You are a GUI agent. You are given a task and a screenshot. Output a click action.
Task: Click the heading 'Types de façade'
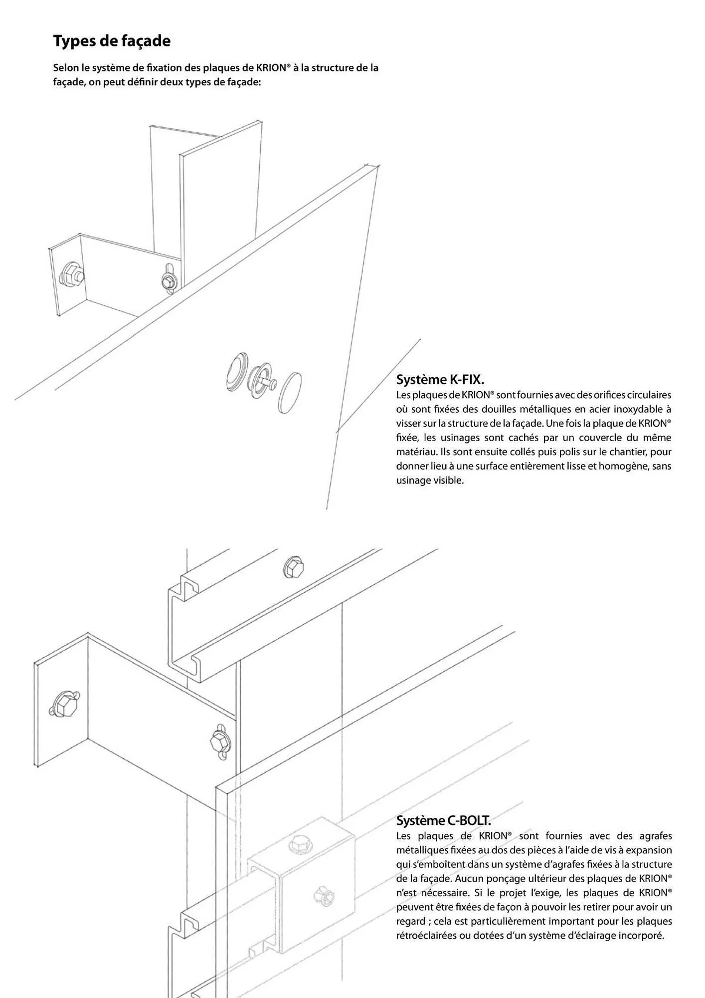(x=112, y=41)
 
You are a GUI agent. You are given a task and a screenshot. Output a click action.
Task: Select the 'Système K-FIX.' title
(x=440, y=380)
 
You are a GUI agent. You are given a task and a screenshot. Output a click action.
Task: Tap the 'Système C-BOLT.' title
(x=443, y=820)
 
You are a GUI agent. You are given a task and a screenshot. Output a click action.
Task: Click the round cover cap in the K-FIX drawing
(x=289, y=392)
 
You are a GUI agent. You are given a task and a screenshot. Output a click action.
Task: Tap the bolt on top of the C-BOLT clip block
(x=298, y=844)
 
